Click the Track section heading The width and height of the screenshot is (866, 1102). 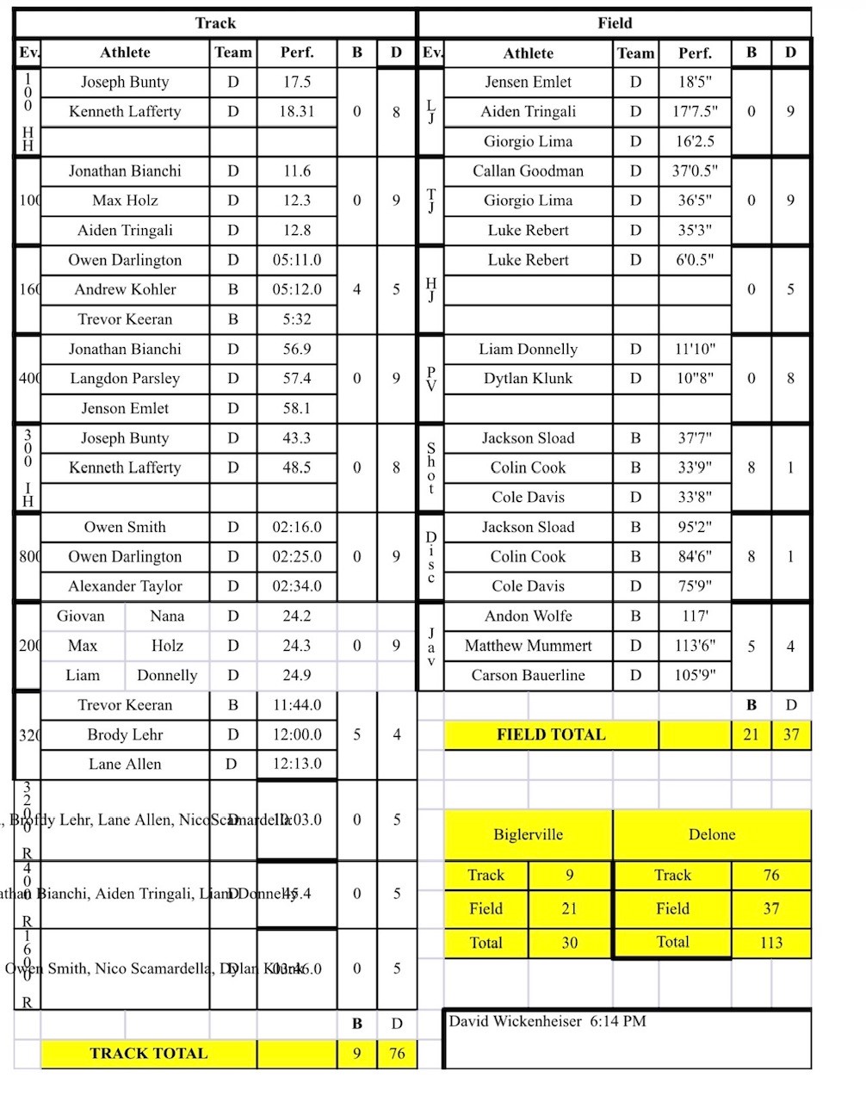pos(215,23)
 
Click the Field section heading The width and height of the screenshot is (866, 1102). pos(615,23)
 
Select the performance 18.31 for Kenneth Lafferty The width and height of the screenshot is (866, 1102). pos(296,111)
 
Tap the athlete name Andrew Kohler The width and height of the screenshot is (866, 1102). pos(125,289)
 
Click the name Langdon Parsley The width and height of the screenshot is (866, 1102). pos(125,378)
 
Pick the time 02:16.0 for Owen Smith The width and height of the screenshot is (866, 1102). pos(296,527)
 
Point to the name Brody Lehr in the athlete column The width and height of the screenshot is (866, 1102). pos(125,734)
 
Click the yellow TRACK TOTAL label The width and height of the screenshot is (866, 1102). pos(148,1053)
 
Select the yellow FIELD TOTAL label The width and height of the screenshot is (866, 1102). pos(551,734)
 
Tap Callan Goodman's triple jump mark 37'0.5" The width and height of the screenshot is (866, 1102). pos(694,170)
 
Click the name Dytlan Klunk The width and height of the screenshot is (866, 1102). pos(528,378)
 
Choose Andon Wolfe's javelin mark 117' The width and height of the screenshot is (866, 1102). pos(694,616)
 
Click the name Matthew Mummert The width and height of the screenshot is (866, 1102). pos(528,646)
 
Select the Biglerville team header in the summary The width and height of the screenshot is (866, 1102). pos(528,834)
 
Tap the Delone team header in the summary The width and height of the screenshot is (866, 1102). pos(712,834)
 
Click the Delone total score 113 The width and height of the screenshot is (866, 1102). pos(770,942)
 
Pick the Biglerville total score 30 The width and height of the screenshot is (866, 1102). pos(569,942)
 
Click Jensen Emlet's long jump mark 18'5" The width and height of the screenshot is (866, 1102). pos(694,82)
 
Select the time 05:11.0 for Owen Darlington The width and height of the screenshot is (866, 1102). pos(296,260)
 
